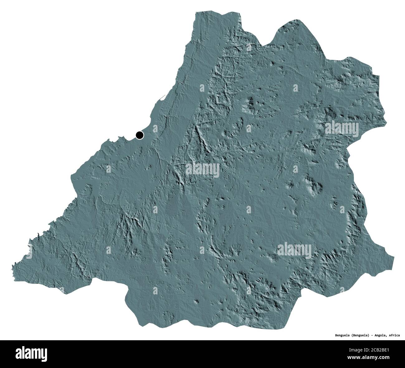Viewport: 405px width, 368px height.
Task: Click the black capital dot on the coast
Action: (140, 135)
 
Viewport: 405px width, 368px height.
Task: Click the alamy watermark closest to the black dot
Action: (202, 170)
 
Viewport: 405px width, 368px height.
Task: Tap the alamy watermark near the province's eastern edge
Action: (342, 128)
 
